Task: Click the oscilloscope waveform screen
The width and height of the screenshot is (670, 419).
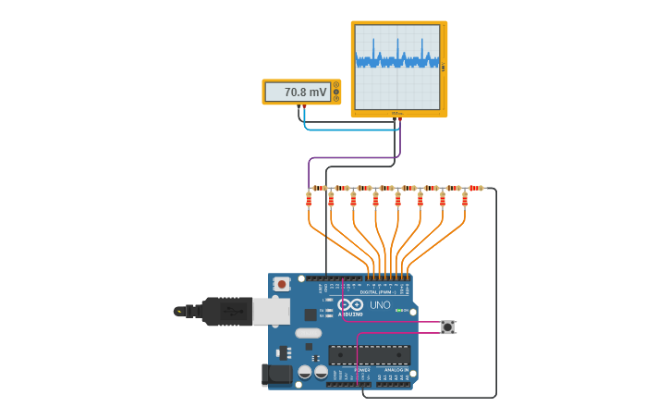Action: [397, 66]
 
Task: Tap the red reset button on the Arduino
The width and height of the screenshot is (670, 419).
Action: [281, 284]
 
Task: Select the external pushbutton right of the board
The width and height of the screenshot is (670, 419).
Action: [448, 327]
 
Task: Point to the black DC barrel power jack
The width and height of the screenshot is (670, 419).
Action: [276, 375]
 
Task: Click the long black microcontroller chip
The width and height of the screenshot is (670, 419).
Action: [370, 355]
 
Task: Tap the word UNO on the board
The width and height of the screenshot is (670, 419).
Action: [380, 305]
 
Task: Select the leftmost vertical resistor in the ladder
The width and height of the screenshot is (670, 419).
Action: [309, 199]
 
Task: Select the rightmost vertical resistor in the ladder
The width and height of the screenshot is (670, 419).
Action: [464, 199]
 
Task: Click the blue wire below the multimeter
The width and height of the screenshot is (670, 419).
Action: [351, 129]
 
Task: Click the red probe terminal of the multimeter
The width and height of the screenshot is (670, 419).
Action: [299, 107]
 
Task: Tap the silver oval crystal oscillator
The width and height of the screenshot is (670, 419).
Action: [308, 333]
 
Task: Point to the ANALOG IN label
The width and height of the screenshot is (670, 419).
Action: [394, 370]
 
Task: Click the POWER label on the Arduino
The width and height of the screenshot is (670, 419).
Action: [362, 370]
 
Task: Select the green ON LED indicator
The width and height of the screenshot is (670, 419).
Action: [399, 311]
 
